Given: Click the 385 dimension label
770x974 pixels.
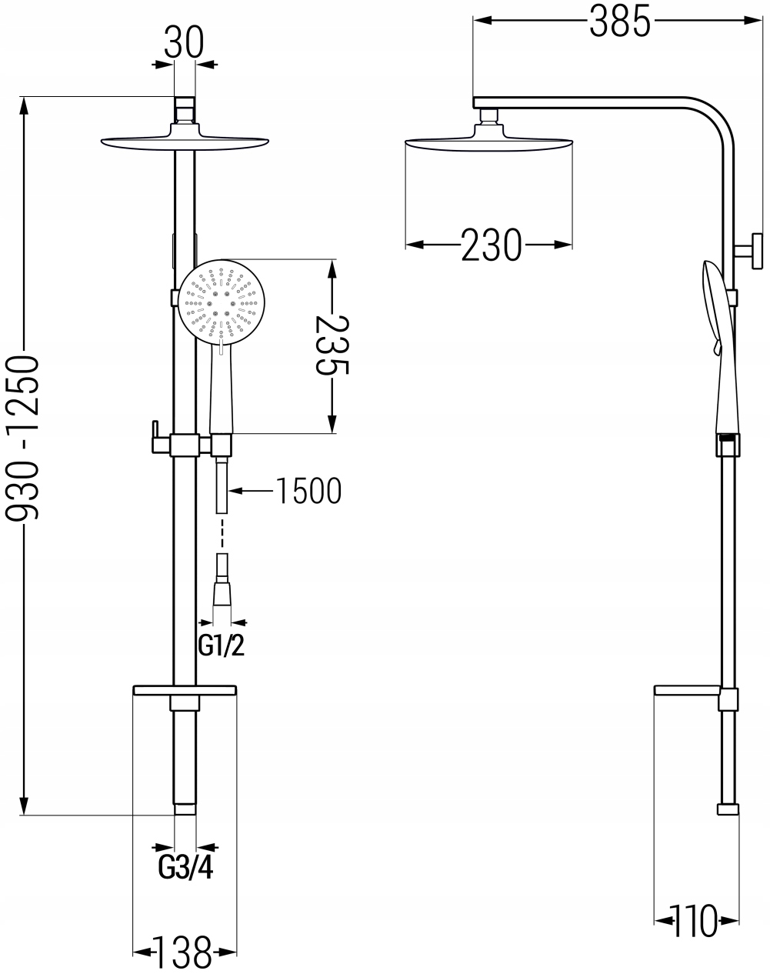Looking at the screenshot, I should click(620, 22).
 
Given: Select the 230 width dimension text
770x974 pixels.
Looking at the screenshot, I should click(492, 245).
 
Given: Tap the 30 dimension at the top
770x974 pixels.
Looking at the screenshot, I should click(184, 44).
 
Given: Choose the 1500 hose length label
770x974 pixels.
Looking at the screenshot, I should click(308, 491).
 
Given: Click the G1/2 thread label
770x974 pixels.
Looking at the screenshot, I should click(222, 645).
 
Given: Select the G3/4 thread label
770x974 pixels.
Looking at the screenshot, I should click(185, 868).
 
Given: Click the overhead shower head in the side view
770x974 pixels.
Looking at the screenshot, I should click(488, 143).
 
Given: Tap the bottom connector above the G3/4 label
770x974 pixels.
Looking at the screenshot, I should click(185, 809).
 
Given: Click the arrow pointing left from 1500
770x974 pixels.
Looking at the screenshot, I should click(238, 490).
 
